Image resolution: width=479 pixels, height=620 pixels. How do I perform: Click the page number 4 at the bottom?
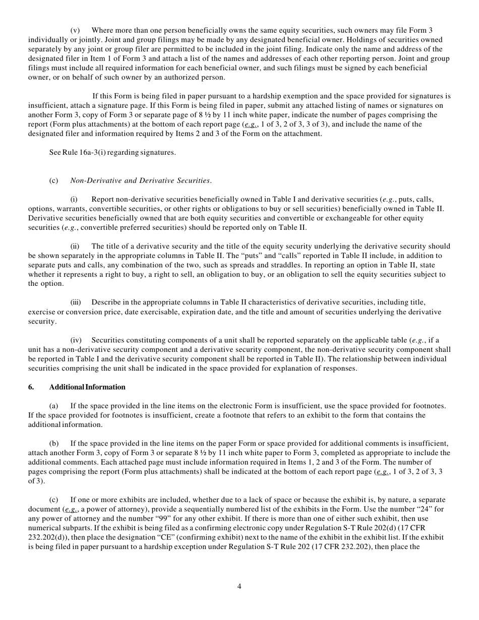click(x=239, y=586)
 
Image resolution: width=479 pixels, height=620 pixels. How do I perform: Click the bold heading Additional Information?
click(x=87, y=387)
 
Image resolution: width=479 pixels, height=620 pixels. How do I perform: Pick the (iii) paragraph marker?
click(x=76, y=302)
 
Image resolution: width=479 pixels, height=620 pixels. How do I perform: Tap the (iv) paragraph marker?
click(x=76, y=340)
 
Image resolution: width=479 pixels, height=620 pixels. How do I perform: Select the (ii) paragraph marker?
click(x=75, y=246)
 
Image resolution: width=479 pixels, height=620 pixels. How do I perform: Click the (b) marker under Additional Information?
click(x=54, y=443)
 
